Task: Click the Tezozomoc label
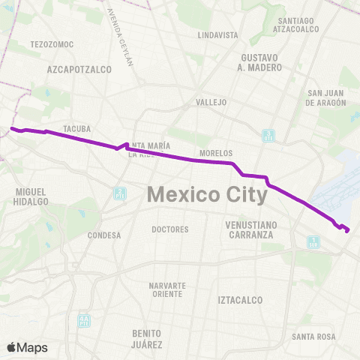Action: [52, 44]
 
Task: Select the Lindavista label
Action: [217, 35]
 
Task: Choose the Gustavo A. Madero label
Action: [262, 62]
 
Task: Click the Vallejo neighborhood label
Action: [211, 102]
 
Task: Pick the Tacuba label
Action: [77, 128]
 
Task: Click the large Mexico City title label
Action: [207, 194]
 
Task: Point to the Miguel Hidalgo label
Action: [31, 196]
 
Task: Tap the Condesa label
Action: [104, 235]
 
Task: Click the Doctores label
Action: [169, 229]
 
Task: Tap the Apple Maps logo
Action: [27, 347]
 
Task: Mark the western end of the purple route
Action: [11, 128]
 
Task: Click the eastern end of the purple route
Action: [348, 231]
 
